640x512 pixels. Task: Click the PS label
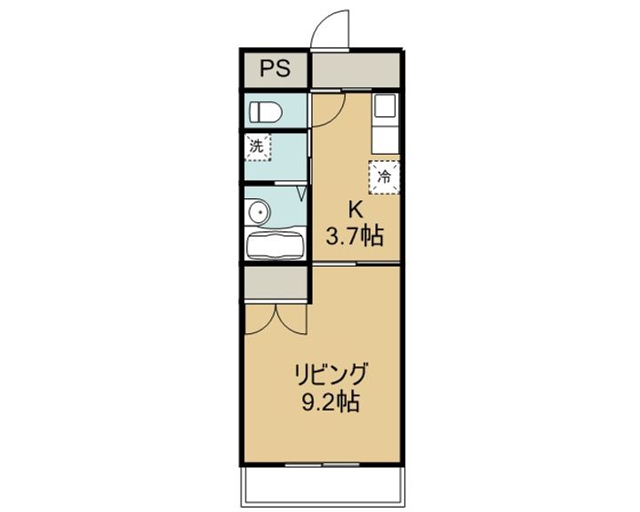click(x=275, y=69)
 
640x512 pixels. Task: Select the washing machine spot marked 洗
click(x=257, y=148)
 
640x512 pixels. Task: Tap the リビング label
click(x=332, y=374)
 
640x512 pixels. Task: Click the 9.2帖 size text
click(x=330, y=402)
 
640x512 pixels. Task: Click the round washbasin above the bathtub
click(x=258, y=212)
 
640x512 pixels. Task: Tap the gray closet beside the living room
click(x=275, y=284)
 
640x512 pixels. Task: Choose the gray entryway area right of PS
click(x=356, y=69)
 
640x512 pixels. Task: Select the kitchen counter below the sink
click(x=386, y=138)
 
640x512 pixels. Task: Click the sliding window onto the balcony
click(x=320, y=464)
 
